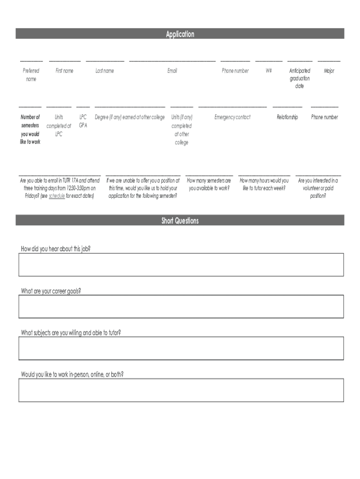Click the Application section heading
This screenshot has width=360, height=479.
(x=180, y=34)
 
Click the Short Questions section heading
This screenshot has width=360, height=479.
(x=180, y=221)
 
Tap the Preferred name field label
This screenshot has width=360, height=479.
(x=31, y=75)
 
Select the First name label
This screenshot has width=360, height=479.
(x=65, y=71)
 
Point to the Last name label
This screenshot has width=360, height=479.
(x=105, y=71)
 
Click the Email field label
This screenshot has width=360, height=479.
(x=172, y=71)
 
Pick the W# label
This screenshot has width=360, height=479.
(x=269, y=71)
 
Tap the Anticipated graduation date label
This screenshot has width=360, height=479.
(x=300, y=79)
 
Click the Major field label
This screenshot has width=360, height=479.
(x=329, y=71)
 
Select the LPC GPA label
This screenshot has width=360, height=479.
(x=83, y=121)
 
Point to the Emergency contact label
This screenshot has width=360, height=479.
(x=232, y=117)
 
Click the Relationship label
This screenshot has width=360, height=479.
(x=287, y=117)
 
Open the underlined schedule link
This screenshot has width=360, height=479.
(x=57, y=196)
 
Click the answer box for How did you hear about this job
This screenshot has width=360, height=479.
(x=181, y=265)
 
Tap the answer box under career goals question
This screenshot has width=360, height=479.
(x=181, y=306)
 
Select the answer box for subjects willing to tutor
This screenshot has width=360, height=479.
(x=181, y=348)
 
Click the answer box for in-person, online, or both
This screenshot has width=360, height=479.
(x=181, y=390)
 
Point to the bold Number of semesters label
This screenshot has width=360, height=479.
(x=30, y=130)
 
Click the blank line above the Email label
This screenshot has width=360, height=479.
(x=172, y=61)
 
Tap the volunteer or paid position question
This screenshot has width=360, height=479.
(x=318, y=188)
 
